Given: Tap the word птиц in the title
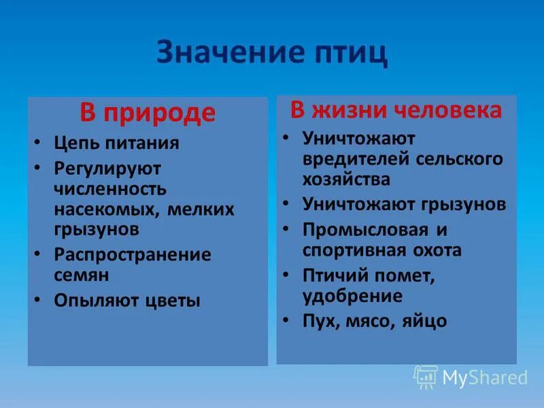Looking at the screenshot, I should pos(347,53).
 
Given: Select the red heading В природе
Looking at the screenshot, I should pos(148,113).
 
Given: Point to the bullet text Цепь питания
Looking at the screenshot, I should pos(116,143).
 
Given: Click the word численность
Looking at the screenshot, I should pos(110,188).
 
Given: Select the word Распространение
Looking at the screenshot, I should pos(133,254).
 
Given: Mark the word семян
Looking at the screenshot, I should pos(82,275).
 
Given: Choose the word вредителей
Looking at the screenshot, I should pos(354,159).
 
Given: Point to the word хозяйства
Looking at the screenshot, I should pos(346,180).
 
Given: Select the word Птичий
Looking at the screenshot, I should pos(336,275).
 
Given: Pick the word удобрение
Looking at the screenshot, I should pos(352,296).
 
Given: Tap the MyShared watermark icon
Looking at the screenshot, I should pos(426,377).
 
